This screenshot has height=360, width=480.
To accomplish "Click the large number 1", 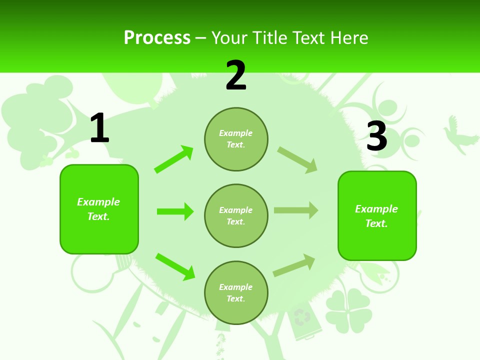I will click(x=99, y=128).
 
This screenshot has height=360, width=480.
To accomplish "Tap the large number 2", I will click(x=236, y=75).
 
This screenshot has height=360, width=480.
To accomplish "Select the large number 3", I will click(x=376, y=136).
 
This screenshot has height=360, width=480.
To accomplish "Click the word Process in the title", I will click(x=157, y=37).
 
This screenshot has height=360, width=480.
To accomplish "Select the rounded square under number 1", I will click(x=99, y=209).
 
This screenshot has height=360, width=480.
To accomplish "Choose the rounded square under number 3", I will click(x=377, y=215).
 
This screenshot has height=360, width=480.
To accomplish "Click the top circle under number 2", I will click(x=236, y=139).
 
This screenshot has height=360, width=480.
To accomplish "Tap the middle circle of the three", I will click(x=236, y=215).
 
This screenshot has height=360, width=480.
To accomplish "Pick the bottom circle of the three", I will click(x=236, y=292).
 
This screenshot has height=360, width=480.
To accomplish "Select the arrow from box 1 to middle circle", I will click(x=175, y=211).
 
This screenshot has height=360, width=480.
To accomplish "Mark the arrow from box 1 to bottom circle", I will click(x=175, y=266).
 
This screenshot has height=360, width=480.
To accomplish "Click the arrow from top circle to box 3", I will click(x=297, y=160).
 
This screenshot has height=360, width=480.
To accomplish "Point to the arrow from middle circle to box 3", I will click(x=296, y=210).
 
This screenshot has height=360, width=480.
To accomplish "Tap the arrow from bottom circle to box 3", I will click(x=294, y=265).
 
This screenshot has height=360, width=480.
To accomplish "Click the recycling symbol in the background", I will click(x=302, y=316).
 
